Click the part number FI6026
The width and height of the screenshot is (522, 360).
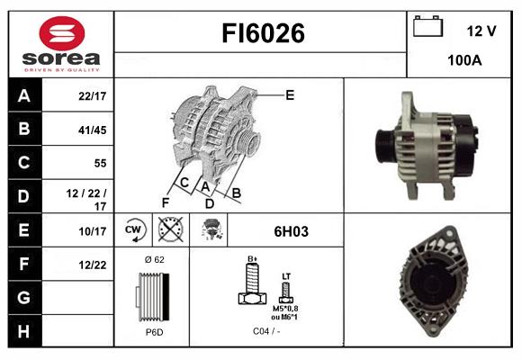tap(263, 34)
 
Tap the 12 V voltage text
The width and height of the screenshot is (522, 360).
tap(481, 31)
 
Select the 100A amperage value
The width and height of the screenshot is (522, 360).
tap(464, 61)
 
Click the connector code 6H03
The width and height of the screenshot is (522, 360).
tap(291, 231)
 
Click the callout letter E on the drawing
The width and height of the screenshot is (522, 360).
tap(289, 94)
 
